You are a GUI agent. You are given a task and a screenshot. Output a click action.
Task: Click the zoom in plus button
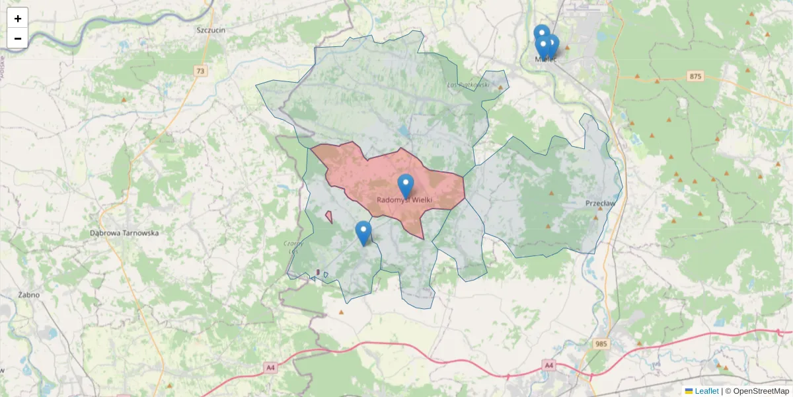point(18,19)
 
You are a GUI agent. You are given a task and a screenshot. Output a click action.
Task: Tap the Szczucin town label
point(211,30)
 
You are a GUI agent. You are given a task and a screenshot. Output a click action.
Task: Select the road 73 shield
point(201,71)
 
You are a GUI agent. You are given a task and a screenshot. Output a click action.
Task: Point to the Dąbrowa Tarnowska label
point(124,233)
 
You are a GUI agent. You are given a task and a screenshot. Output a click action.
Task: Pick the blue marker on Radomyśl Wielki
point(406,185)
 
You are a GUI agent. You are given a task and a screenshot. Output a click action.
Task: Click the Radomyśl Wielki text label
point(404,200)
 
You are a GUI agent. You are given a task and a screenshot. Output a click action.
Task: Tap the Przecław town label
point(600,203)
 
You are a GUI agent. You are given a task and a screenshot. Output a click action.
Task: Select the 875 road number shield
point(695,77)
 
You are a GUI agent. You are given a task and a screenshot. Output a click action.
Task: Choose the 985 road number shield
point(601,343)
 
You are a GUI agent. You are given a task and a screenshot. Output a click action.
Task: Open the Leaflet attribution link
point(706,391)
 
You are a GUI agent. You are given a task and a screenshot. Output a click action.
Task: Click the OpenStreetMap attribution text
point(761,391)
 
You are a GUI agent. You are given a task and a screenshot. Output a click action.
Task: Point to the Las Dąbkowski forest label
point(468,85)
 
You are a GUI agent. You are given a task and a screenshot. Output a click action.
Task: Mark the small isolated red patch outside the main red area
point(329,216)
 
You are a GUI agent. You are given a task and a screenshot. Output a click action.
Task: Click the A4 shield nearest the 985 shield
point(548,365)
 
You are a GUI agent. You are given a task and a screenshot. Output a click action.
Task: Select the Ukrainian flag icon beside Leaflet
point(689,391)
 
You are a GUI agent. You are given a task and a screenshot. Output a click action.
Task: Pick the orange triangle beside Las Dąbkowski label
point(500,87)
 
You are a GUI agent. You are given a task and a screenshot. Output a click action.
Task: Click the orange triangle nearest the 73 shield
point(124,100)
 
